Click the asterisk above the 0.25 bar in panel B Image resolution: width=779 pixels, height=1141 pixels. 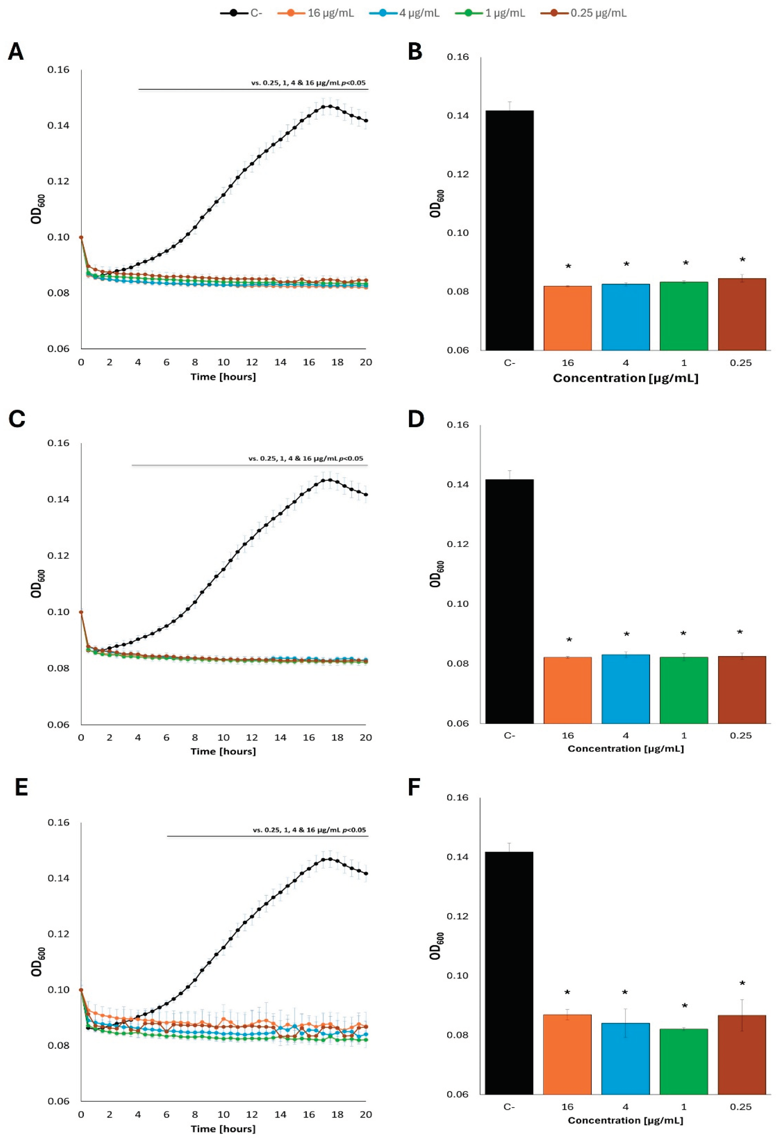pyautogui.click(x=742, y=260)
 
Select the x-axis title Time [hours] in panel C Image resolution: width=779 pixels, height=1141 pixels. pyautogui.click(x=223, y=751)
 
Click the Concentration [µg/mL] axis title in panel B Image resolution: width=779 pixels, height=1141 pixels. pyautogui.click(x=625, y=378)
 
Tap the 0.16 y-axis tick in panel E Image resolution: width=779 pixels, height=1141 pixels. pyautogui.click(x=58, y=822)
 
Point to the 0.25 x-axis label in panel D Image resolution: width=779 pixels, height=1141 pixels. pyautogui.click(x=741, y=735)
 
